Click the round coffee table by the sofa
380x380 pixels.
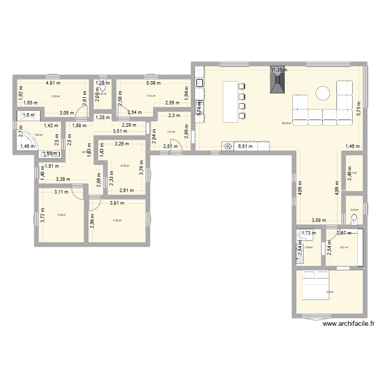pyautogui.click(x=323, y=93)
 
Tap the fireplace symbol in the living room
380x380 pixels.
pyautogui.click(x=277, y=82)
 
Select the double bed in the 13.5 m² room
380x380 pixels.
pyautogui.click(x=315, y=280)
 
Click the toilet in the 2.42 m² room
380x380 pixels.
pyautogui.click(x=355, y=219)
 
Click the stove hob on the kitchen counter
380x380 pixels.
pyautogui.click(x=227, y=147)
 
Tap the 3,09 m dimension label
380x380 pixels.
pyautogui.click(x=319, y=220)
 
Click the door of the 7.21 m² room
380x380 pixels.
pyautogui.click(x=174, y=144)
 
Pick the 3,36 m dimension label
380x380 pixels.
pyautogui.click(x=63, y=178)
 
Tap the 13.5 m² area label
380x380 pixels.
pyautogui.click(x=329, y=292)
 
